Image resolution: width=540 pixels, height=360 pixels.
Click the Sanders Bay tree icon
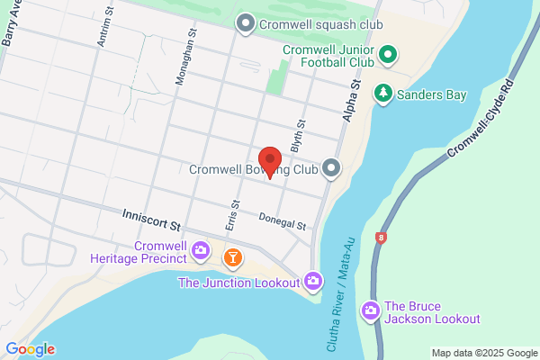point(383,93)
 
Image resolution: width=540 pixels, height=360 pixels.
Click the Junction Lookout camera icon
point(313,282)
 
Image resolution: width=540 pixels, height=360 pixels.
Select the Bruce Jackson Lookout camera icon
point(370,311)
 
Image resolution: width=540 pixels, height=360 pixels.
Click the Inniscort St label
point(151,218)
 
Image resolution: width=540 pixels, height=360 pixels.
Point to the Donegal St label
point(283,220)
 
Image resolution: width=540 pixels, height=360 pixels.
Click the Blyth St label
point(301,136)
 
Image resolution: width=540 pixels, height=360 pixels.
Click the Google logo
point(30,349)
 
